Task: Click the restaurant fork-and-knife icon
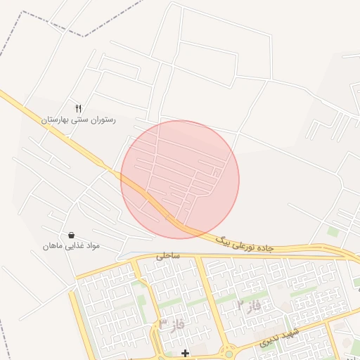tap(79, 109)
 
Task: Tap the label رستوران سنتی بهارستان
tap(79, 120)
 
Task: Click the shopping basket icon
tap(71, 235)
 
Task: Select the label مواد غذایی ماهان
tap(71, 246)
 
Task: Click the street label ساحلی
tap(167, 256)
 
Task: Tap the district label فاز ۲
tap(249, 305)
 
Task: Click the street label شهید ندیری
tap(279, 337)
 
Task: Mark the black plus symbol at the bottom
tap(185, 353)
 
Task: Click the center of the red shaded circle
tap(180, 179)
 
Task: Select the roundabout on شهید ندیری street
tap(229, 354)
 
